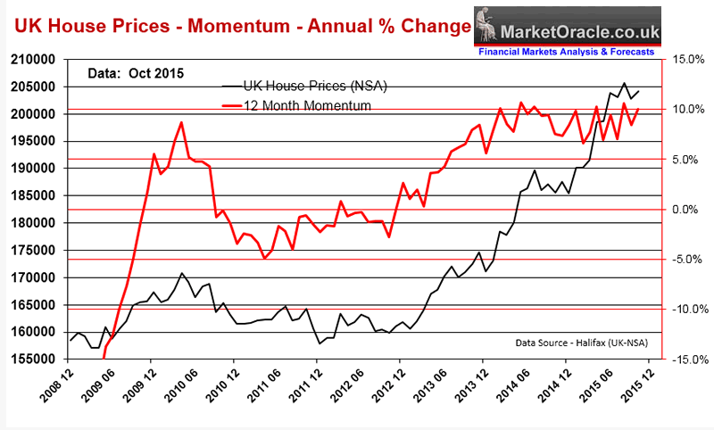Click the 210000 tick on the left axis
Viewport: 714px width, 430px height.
coord(34,60)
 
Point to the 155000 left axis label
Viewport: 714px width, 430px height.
coord(34,359)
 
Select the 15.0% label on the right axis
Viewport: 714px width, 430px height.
coord(683,60)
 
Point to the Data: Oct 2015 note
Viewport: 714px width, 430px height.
coord(134,72)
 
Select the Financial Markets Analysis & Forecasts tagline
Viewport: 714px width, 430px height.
coord(570,52)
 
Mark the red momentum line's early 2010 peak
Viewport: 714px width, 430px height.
coord(181,122)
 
